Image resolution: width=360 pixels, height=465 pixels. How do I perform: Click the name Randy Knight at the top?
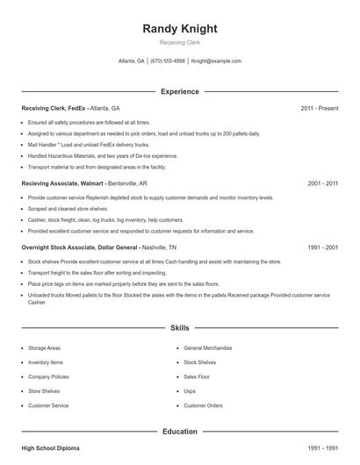pyautogui.click(x=179, y=28)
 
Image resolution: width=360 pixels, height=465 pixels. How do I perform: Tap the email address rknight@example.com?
pyautogui.click(x=216, y=61)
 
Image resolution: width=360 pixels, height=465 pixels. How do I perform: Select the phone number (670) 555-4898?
pyautogui.click(x=168, y=61)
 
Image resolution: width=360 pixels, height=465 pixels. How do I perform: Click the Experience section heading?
pyautogui.click(x=179, y=91)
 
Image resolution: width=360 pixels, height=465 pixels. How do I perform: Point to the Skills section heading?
pyautogui.click(x=179, y=327)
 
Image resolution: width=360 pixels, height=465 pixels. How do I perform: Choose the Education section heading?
pyautogui.click(x=179, y=432)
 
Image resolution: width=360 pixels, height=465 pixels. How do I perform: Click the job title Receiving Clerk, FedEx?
pyautogui.click(x=54, y=108)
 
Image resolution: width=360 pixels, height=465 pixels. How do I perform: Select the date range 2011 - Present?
pyautogui.click(x=319, y=108)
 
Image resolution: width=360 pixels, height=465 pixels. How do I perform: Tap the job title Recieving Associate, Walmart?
pyautogui.click(x=63, y=184)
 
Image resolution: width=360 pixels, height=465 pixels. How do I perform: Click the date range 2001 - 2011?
pyautogui.click(x=322, y=184)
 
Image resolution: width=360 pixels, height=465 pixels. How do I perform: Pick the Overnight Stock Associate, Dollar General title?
pyautogui.click(x=80, y=247)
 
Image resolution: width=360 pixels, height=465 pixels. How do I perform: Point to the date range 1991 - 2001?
pyautogui.click(x=322, y=247)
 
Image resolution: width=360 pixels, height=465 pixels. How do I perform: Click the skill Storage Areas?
pyautogui.click(x=44, y=348)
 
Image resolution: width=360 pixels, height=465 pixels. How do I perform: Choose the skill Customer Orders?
pyautogui.click(x=203, y=405)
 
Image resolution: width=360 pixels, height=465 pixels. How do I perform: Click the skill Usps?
pyautogui.click(x=190, y=390)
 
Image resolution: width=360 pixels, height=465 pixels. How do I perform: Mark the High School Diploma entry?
pyautogui.click(x=50, y=448)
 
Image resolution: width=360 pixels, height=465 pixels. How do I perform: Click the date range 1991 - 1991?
pyautogui.click(x=322, y=448)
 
